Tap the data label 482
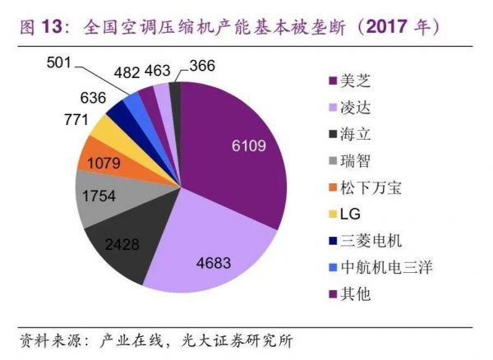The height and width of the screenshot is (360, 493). coord(126,71)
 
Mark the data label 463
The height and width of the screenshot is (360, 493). coord(157,71)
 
